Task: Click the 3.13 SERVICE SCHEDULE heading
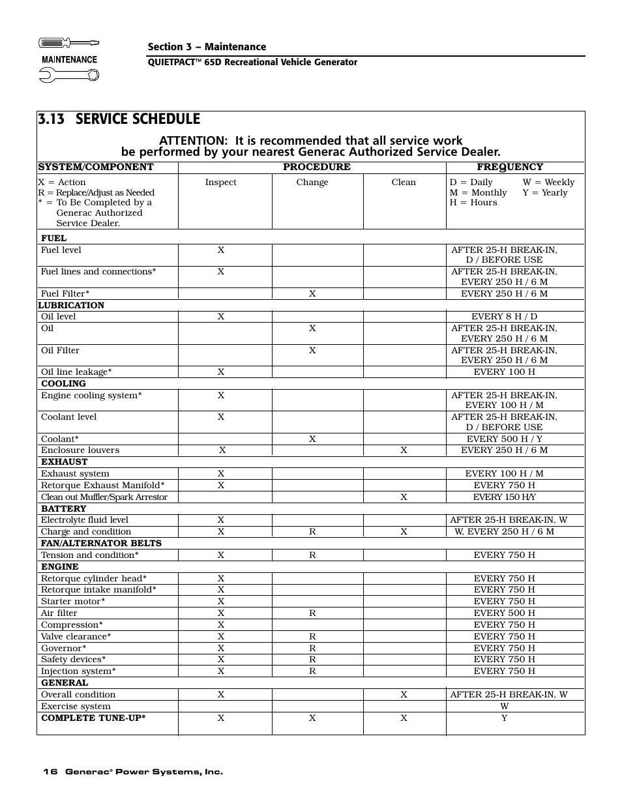119,119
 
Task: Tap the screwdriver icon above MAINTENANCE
68,43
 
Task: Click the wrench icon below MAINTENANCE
68,76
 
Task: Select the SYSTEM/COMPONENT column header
96,167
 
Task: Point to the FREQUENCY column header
509,167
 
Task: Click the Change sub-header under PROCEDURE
312,183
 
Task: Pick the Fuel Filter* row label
65,294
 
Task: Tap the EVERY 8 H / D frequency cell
504,317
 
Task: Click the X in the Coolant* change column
312,439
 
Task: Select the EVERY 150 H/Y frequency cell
504,497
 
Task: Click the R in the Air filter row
312,613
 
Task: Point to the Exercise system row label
76,707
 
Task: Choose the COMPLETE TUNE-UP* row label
93,718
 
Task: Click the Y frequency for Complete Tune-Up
504,718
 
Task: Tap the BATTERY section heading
63,509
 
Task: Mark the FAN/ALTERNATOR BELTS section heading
101,544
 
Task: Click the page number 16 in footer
50,772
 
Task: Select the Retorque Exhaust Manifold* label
102,486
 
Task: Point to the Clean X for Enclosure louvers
404,450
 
